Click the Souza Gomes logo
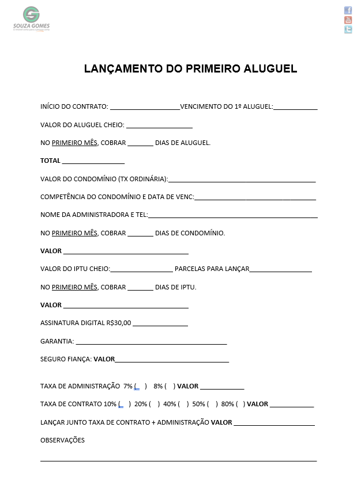point(31,18)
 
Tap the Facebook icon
point(348,10)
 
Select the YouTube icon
point(348,20)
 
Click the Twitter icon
point(348,30)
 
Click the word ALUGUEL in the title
point(268,69)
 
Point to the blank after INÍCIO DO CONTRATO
point(144,106)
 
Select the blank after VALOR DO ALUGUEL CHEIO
point(159,125)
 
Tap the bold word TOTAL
point(50,161)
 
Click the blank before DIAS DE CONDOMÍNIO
point(140,233)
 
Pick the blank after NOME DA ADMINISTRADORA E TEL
point(232,215)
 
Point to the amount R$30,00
point(119,323)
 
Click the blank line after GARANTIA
point(151,341)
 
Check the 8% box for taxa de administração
point(170,386)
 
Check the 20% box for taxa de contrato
point(155,404)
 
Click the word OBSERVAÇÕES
point(62,440)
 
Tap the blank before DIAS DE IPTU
point(140,287)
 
